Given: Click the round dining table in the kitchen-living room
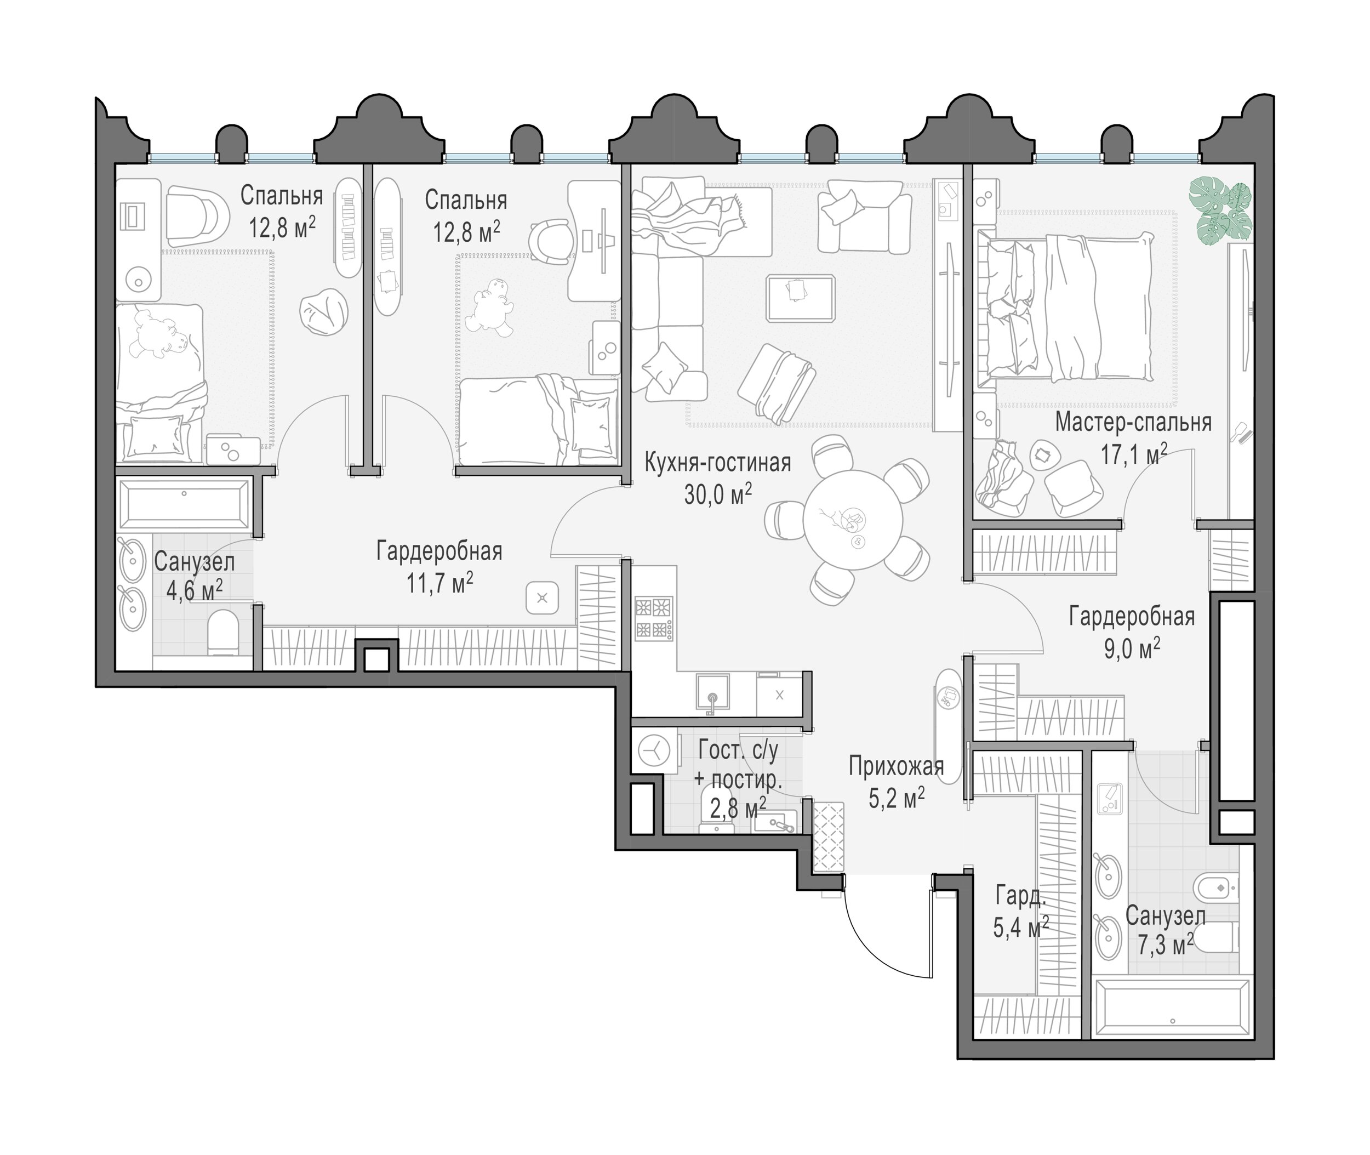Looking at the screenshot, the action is [x=853, y=520].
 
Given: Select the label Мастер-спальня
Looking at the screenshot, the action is [x=1133, y=422].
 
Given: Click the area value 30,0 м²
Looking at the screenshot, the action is [x=718, y=494].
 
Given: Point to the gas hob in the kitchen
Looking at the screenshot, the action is [x=654, y=617].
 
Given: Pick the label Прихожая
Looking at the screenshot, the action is [x=896, y=766].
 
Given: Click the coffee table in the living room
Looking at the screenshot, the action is [x=801, y=298].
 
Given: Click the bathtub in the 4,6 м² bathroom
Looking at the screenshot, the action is [x=184, y=504].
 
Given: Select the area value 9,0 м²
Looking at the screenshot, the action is [x=1132, y=649].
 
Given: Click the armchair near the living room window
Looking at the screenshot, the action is [x=864, y=216].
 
